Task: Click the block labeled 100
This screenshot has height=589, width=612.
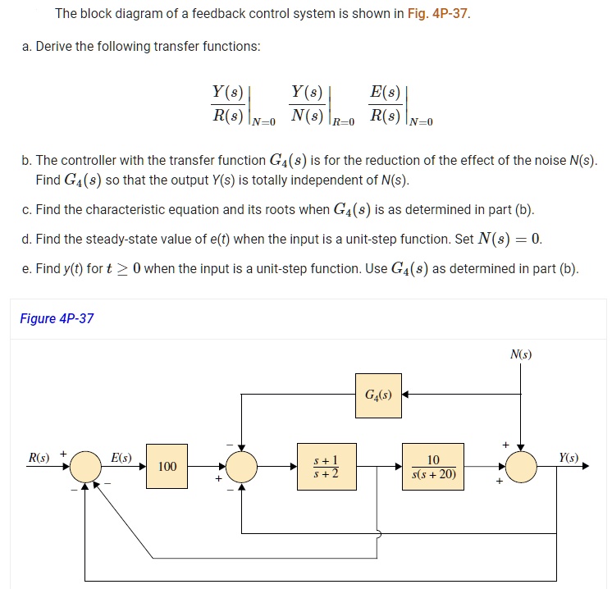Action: pos(167,466)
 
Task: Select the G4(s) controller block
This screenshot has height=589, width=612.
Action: pos(378,395)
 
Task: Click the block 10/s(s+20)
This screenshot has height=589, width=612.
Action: pos(433,467)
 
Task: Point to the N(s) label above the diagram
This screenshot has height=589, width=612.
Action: pos(520,354)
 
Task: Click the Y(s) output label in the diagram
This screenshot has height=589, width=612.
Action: pos(569,456)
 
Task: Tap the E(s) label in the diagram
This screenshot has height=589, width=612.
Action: pos(121,456)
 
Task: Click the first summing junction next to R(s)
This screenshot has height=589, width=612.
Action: pos(86,467)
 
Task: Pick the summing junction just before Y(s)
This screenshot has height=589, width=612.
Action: pos(520,467)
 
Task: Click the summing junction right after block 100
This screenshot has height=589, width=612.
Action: pos(241,467)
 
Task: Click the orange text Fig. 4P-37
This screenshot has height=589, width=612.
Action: pos(438,14)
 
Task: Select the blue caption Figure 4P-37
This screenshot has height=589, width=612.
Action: pos(57,318)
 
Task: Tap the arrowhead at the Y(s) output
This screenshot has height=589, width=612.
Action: pos(585,467)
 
